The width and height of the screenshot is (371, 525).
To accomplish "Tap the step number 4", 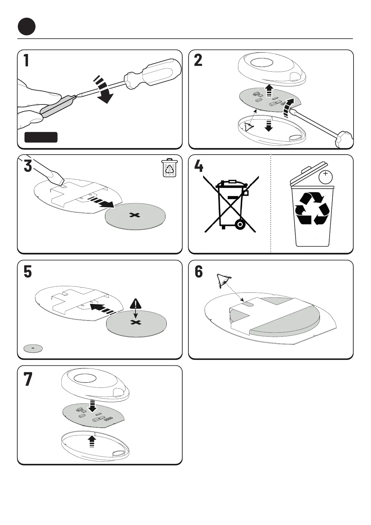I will [x=199, y=166].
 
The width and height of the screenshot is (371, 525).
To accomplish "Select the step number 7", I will [x=28, y=379].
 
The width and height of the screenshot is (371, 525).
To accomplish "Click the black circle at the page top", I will [x=26, y=27].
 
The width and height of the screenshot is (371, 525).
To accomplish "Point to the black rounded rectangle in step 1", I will [x=41, y=137].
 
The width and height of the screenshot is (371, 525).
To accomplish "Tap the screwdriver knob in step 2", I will [x=344, y=139].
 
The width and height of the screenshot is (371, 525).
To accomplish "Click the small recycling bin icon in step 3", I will [x=170, y=168].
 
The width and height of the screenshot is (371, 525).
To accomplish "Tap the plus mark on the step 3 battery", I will [x=135, y=215].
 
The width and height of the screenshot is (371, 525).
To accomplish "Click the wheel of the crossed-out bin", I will [x=240, y=225].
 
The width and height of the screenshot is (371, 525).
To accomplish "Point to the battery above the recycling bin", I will [x=326, y=177].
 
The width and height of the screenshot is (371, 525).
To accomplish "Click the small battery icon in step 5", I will [x=33, y=348].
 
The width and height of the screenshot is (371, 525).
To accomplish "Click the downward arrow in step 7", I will [x=93, y=406].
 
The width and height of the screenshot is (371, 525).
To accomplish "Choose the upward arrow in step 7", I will [x=92, y=441].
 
